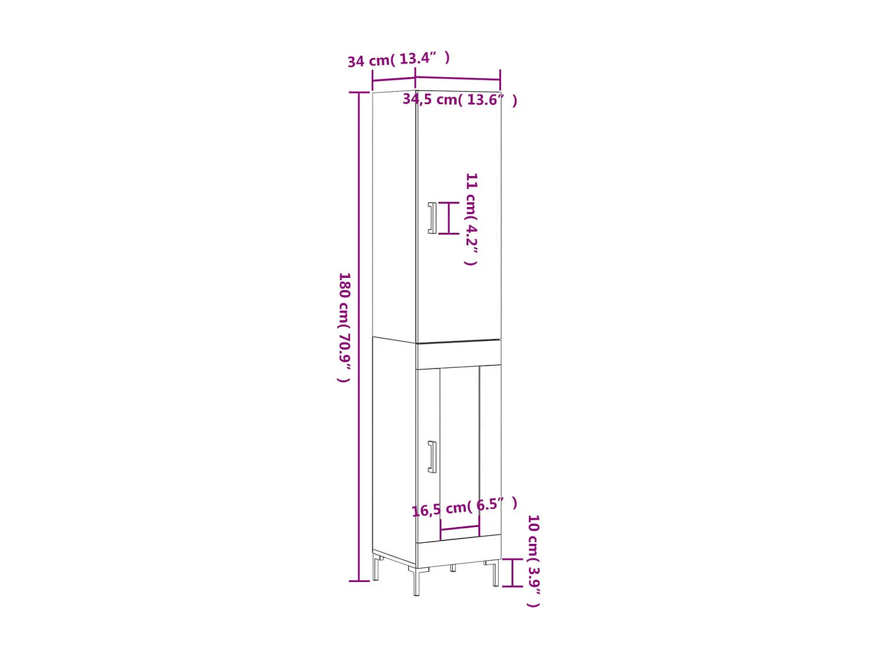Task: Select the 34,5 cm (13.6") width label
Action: click(460, 100)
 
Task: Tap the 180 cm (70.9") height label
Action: click(344, 327)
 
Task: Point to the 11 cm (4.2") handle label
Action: click(471, 219)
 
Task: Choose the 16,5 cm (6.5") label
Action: click(464, 507)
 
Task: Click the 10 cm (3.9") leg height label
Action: click(533, 561)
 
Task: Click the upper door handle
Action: click(432, 218)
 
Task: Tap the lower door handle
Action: click(432, 457)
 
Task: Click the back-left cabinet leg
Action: click(376, 568)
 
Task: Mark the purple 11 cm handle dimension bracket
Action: click(449, 218)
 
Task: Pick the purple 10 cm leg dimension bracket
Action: click(513, 573)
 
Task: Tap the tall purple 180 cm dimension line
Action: click(359, 336)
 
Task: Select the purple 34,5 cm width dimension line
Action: click(458, 77)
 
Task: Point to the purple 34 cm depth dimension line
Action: click(393, 80)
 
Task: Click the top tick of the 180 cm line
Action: click(359, 92)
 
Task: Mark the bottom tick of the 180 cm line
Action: click(359, 581)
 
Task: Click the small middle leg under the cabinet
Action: click(453, 568)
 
